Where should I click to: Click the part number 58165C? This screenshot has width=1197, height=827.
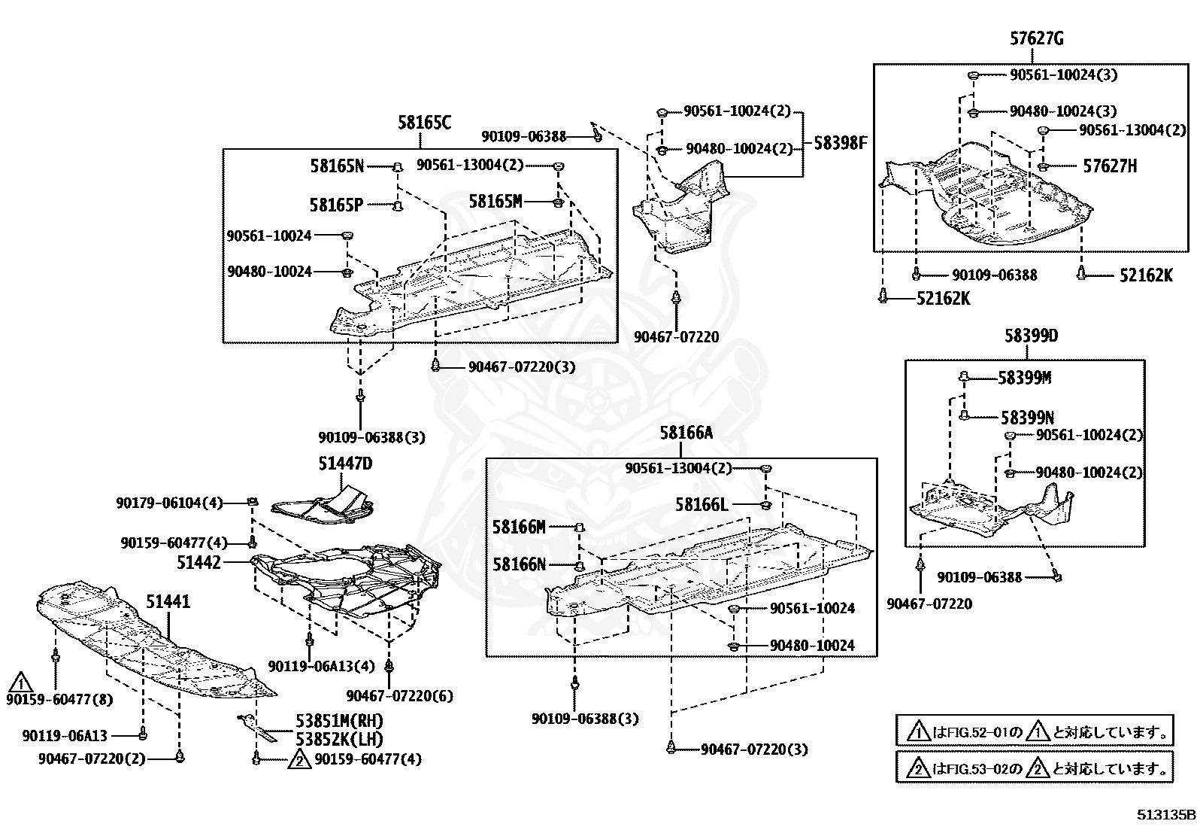point(425,123)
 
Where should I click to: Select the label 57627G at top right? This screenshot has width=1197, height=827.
point(1037,39)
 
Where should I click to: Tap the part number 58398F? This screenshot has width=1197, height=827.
point(841,142)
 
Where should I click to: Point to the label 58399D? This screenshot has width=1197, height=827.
point(1031,336)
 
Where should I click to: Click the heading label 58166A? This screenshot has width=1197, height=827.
point(686,433)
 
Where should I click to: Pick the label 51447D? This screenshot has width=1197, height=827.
point(345,464)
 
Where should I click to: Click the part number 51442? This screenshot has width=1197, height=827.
point(199,561)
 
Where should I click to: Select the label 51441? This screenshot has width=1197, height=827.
point(168,602)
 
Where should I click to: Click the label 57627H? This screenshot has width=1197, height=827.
point(1110,166)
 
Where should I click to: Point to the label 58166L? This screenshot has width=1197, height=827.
point(702,504)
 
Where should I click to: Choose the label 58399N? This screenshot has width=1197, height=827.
point(1027,417)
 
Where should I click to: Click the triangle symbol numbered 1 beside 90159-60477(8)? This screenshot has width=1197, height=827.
point(20,683)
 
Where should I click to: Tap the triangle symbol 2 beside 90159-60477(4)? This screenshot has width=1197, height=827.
point(299,759)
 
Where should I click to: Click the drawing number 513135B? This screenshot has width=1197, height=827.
point(1165,815)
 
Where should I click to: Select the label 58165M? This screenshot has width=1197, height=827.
point(495,202)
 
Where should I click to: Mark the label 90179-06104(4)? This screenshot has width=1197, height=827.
point(169,502)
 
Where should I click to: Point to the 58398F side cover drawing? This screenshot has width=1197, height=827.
point(680,211)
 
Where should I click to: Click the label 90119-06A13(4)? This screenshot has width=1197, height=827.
point(321,667)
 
